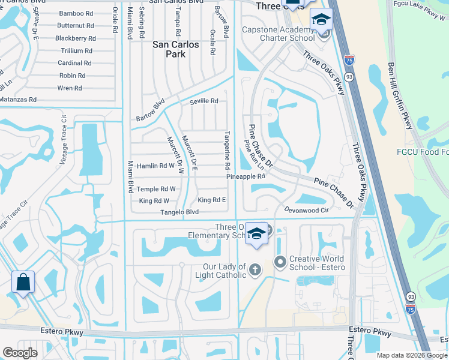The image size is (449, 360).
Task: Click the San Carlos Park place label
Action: click(x=176, y=49)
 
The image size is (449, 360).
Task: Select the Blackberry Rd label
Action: click(x=75, y=38)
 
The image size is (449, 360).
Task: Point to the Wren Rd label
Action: click(x=70, y=88)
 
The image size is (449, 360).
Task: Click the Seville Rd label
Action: click(x=203, y=101)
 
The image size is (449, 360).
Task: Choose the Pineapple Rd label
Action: click(x=246, y=177)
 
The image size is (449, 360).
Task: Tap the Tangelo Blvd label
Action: click(x=179, y=212)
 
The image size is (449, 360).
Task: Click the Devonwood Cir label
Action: click(x=307, y=211)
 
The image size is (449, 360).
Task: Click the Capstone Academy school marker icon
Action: click(x=321, y=20)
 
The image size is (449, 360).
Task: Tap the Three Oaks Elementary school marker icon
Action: click(x=256, y=233)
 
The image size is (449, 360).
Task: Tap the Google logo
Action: click(x=20, y=353)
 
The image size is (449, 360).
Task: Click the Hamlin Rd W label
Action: click(x=155, y=166)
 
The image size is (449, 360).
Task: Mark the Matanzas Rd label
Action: click(x=18, y=100)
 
